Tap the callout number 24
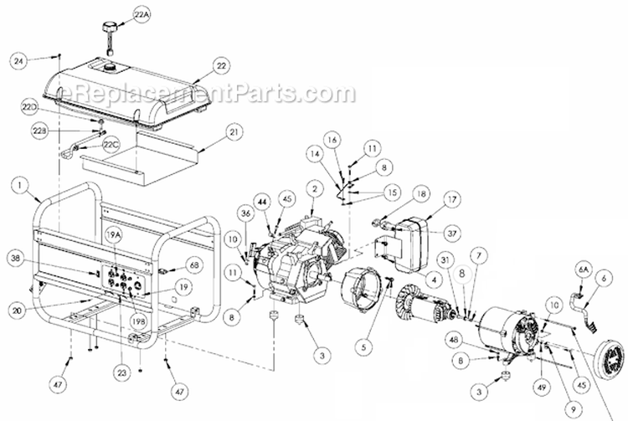(20, 60)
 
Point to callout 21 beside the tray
(234, 132)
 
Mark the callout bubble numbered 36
(221, 213)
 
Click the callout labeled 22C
(111, 143)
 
